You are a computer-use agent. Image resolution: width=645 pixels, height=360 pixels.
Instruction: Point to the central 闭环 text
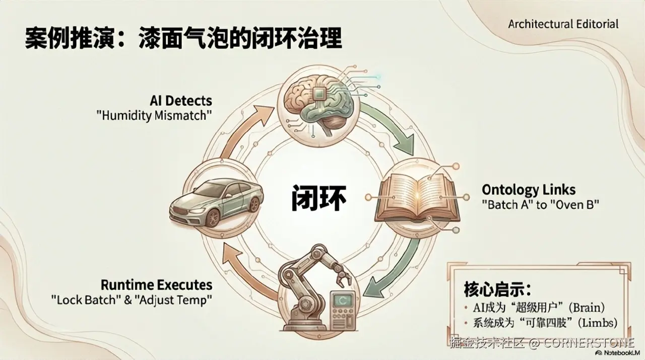click(318, 197)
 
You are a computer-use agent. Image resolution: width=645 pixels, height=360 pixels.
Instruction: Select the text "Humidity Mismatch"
click(154, 115)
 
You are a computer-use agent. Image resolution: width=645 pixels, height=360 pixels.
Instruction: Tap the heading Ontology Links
click(529, 190)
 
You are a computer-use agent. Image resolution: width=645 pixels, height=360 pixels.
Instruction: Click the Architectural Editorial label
click(563, 24)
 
